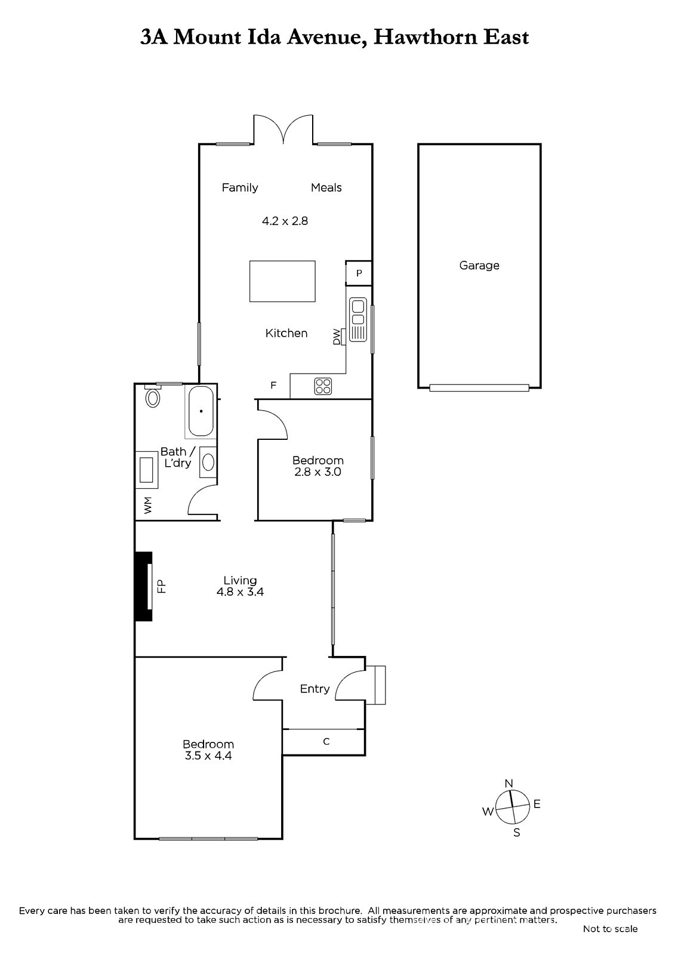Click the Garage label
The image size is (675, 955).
click(x=479, y=265)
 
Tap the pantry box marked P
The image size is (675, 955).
click(x=359, y=273)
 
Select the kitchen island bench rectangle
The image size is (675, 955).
click(x=282, y=281)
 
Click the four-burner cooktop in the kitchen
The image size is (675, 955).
click(x=323, y=386)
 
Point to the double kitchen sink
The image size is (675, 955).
click(x=357, y=319)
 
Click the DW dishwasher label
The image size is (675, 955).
click(x=337, y=337)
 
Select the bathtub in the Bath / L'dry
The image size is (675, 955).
click(x=201, y=411)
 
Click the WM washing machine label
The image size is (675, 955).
click(x=147, y=505)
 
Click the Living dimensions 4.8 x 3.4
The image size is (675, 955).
click(x=240, y=592)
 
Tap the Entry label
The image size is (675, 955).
click(x=315, y=689)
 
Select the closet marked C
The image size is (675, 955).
click(x=323, y=742)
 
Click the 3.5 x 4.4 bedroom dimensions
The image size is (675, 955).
click(x=208, y=756)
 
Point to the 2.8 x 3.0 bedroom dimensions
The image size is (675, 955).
click(x=318, y=472)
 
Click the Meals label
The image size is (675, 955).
click(x=326, y=187)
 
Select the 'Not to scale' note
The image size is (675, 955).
click(x=610, y=929)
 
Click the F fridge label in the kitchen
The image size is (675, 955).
click(x=273, y=386)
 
